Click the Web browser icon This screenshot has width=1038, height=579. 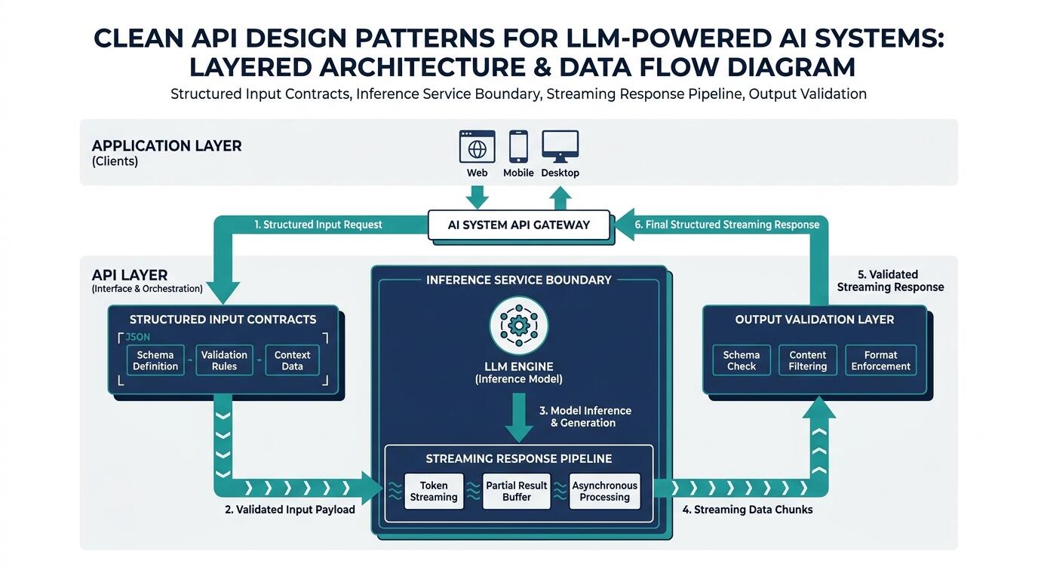(477, 146)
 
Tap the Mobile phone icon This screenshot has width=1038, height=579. (518, 146)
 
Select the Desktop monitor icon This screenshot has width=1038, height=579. (560, 146)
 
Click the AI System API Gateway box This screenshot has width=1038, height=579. (519, 225)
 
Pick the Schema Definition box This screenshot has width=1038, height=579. (155, 360)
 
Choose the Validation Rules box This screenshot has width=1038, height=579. (224, 360)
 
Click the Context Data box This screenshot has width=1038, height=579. (293, 360)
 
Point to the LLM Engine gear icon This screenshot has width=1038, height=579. (519, 325)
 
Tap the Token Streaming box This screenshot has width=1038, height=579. (434, 491)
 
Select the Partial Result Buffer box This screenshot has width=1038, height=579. (517, 491)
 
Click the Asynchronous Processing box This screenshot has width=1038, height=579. (605, 491)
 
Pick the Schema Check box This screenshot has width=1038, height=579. (742, 360)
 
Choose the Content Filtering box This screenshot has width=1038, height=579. (808, 360)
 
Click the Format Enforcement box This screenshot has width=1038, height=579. (881, 360)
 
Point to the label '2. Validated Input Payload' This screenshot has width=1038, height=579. (290, 510)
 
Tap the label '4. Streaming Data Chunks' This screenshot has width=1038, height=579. (748, 510)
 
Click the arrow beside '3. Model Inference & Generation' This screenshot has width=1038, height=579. (519, 418)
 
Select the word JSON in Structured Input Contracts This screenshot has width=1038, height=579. (137, 337)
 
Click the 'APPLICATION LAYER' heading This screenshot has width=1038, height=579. (167, 146)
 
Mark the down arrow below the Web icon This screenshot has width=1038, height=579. (477, 198)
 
